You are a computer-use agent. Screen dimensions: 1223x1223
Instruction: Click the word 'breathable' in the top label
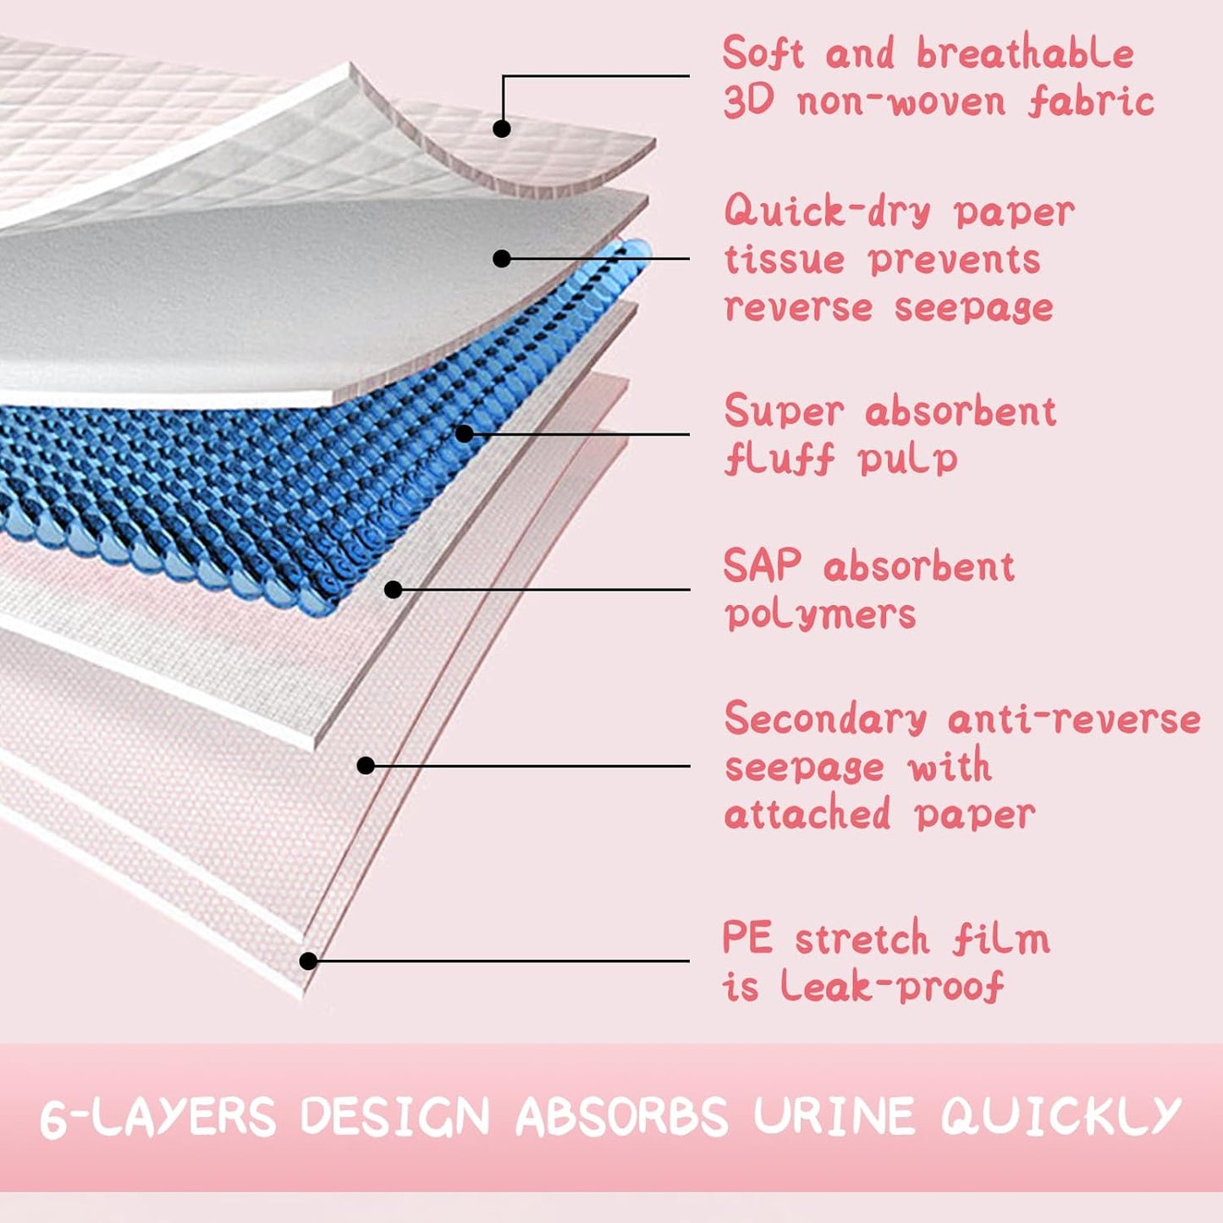pos(1025,54)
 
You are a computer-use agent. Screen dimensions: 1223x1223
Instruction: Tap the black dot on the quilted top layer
pos(502,129)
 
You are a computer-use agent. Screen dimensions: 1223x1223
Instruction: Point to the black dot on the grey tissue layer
pos(502,258)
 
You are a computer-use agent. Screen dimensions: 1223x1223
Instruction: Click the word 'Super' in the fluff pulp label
pos(784,412)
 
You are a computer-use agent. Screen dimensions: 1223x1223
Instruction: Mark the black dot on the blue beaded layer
pos(464,433)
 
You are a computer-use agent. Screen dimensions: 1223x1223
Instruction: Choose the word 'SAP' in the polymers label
pos(762,565)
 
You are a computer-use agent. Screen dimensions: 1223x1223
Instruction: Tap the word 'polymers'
pos(820,614)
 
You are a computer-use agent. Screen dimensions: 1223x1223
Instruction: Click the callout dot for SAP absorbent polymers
pos(393,589)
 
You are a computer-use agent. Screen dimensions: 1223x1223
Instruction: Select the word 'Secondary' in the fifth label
pos(825,719)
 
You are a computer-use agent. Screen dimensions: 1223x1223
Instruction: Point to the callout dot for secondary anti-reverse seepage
pos(366,765)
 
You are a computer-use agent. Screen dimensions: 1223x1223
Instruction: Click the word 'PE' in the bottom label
pos(747,939)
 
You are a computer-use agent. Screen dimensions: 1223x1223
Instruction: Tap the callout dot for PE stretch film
pos(308,961)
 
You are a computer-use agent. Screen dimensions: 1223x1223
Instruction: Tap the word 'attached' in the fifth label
pos(807,814)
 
